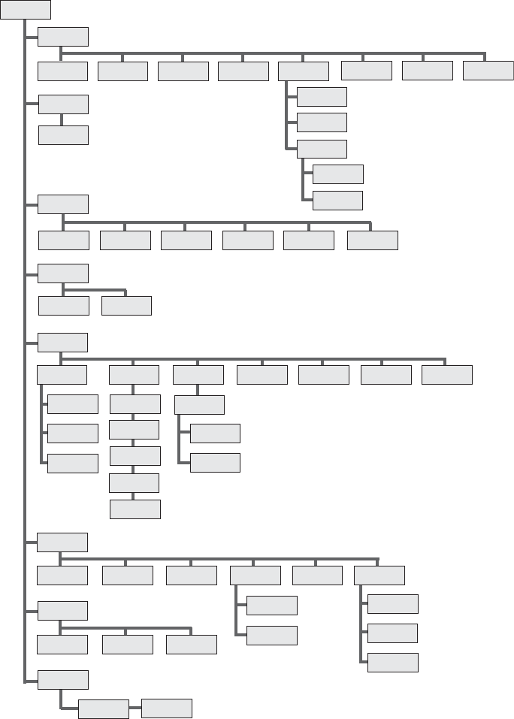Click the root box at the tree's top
[26, 10]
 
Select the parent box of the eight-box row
[63, 37]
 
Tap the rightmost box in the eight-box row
[488, 71]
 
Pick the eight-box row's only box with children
[304, 71]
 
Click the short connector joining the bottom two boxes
[135, 708]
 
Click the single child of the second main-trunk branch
[63, 134]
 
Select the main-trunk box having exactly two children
[63, 273]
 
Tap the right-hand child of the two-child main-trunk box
[126, 306]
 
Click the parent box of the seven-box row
[63, 342]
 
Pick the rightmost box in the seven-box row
[447, 374]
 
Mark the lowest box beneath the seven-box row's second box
[135, 509]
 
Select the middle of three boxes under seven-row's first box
[73, 434]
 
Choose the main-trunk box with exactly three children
[63, 610]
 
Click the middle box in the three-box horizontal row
[128, 645]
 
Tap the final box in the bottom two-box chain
[167, 708]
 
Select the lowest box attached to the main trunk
[63, 680]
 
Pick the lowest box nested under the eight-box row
[337, 201]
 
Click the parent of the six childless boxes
[63, 204]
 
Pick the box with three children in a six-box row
[379, 576]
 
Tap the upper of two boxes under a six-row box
[272, 606]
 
